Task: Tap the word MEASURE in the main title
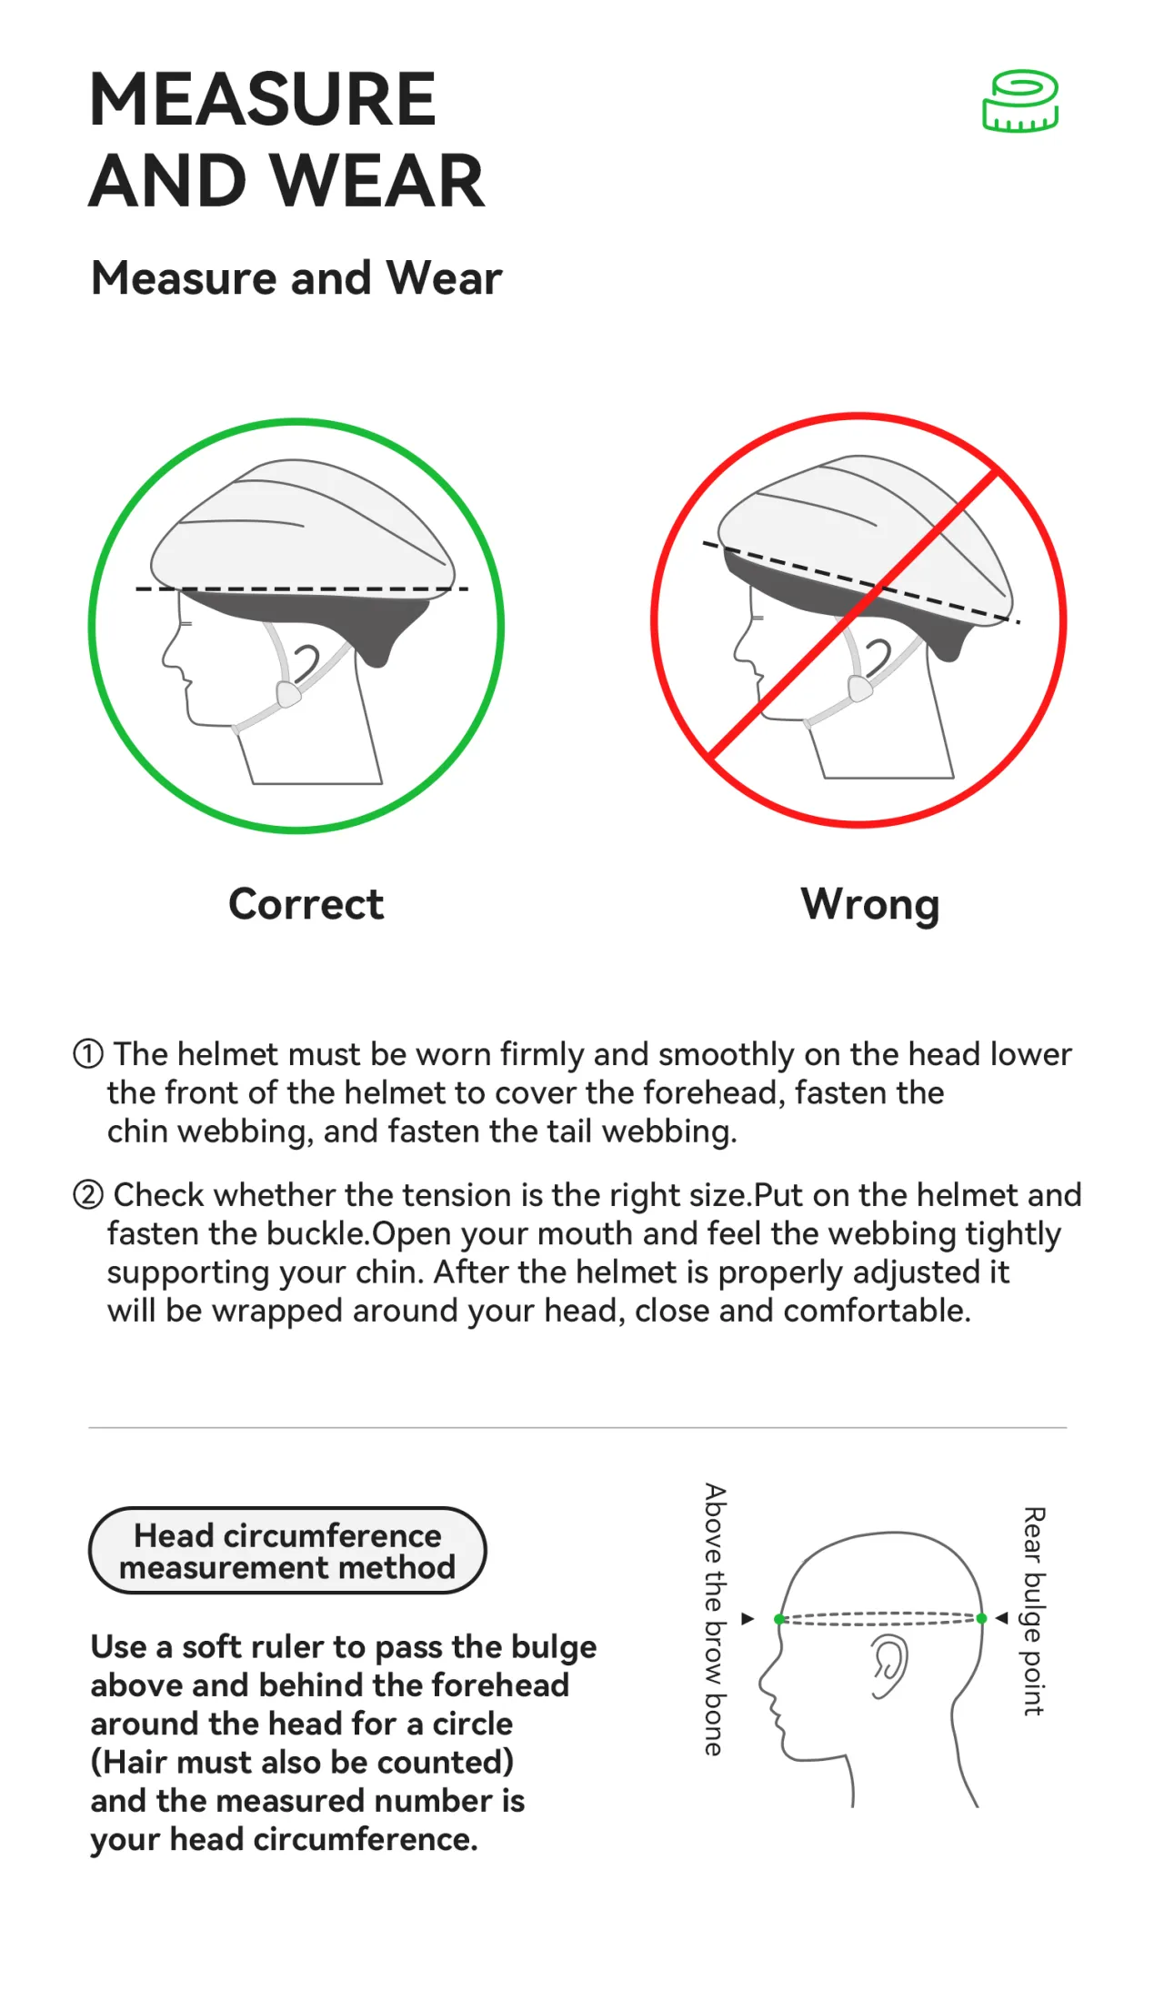264,99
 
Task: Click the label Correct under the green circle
306,904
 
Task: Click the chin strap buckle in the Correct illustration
288,695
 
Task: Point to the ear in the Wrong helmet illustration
878,658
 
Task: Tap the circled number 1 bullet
88,1054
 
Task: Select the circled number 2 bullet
88,1194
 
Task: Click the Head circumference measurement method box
287,1551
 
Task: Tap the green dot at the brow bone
779,1619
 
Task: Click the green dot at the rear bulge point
981,1618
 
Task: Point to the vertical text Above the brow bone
716,1620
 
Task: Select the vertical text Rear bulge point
1034,1611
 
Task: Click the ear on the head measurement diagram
889,1666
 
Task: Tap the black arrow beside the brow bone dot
748,1619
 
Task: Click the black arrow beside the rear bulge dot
1002,1618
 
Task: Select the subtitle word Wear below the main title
444,277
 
